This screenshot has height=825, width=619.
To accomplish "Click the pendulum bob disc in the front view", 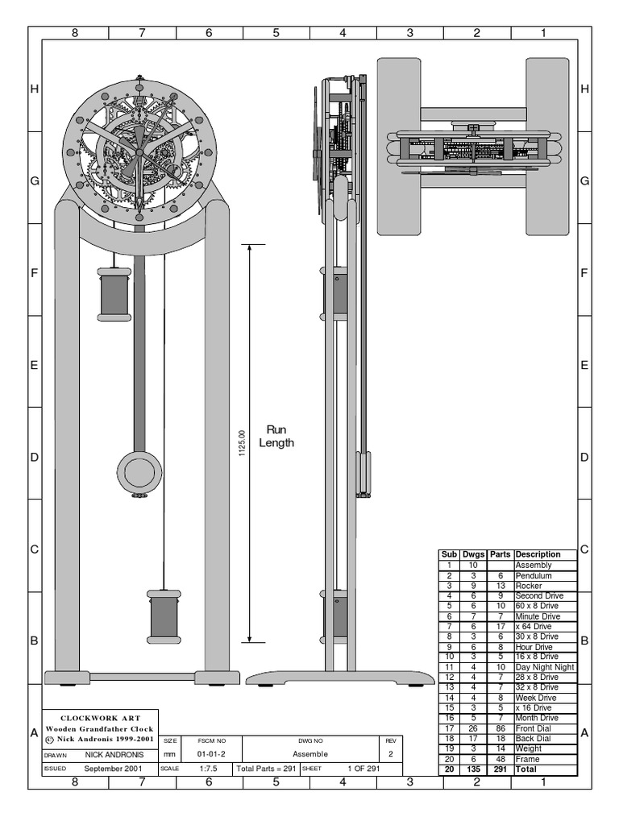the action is click(x=138, y=471).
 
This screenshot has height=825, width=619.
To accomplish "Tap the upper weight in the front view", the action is click(x=114, y=293).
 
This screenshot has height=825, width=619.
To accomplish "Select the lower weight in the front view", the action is click(x=164, y=616).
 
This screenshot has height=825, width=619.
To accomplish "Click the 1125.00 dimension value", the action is click(x=242, y=443).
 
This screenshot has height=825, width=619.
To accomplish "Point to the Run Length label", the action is click(x=276, y=436).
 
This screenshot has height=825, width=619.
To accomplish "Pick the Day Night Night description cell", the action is click(x=545, y=667).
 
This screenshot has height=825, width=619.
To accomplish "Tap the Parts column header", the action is click(x=500, y=554).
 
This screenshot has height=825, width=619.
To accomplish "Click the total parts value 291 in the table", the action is click(x=500, y=769).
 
